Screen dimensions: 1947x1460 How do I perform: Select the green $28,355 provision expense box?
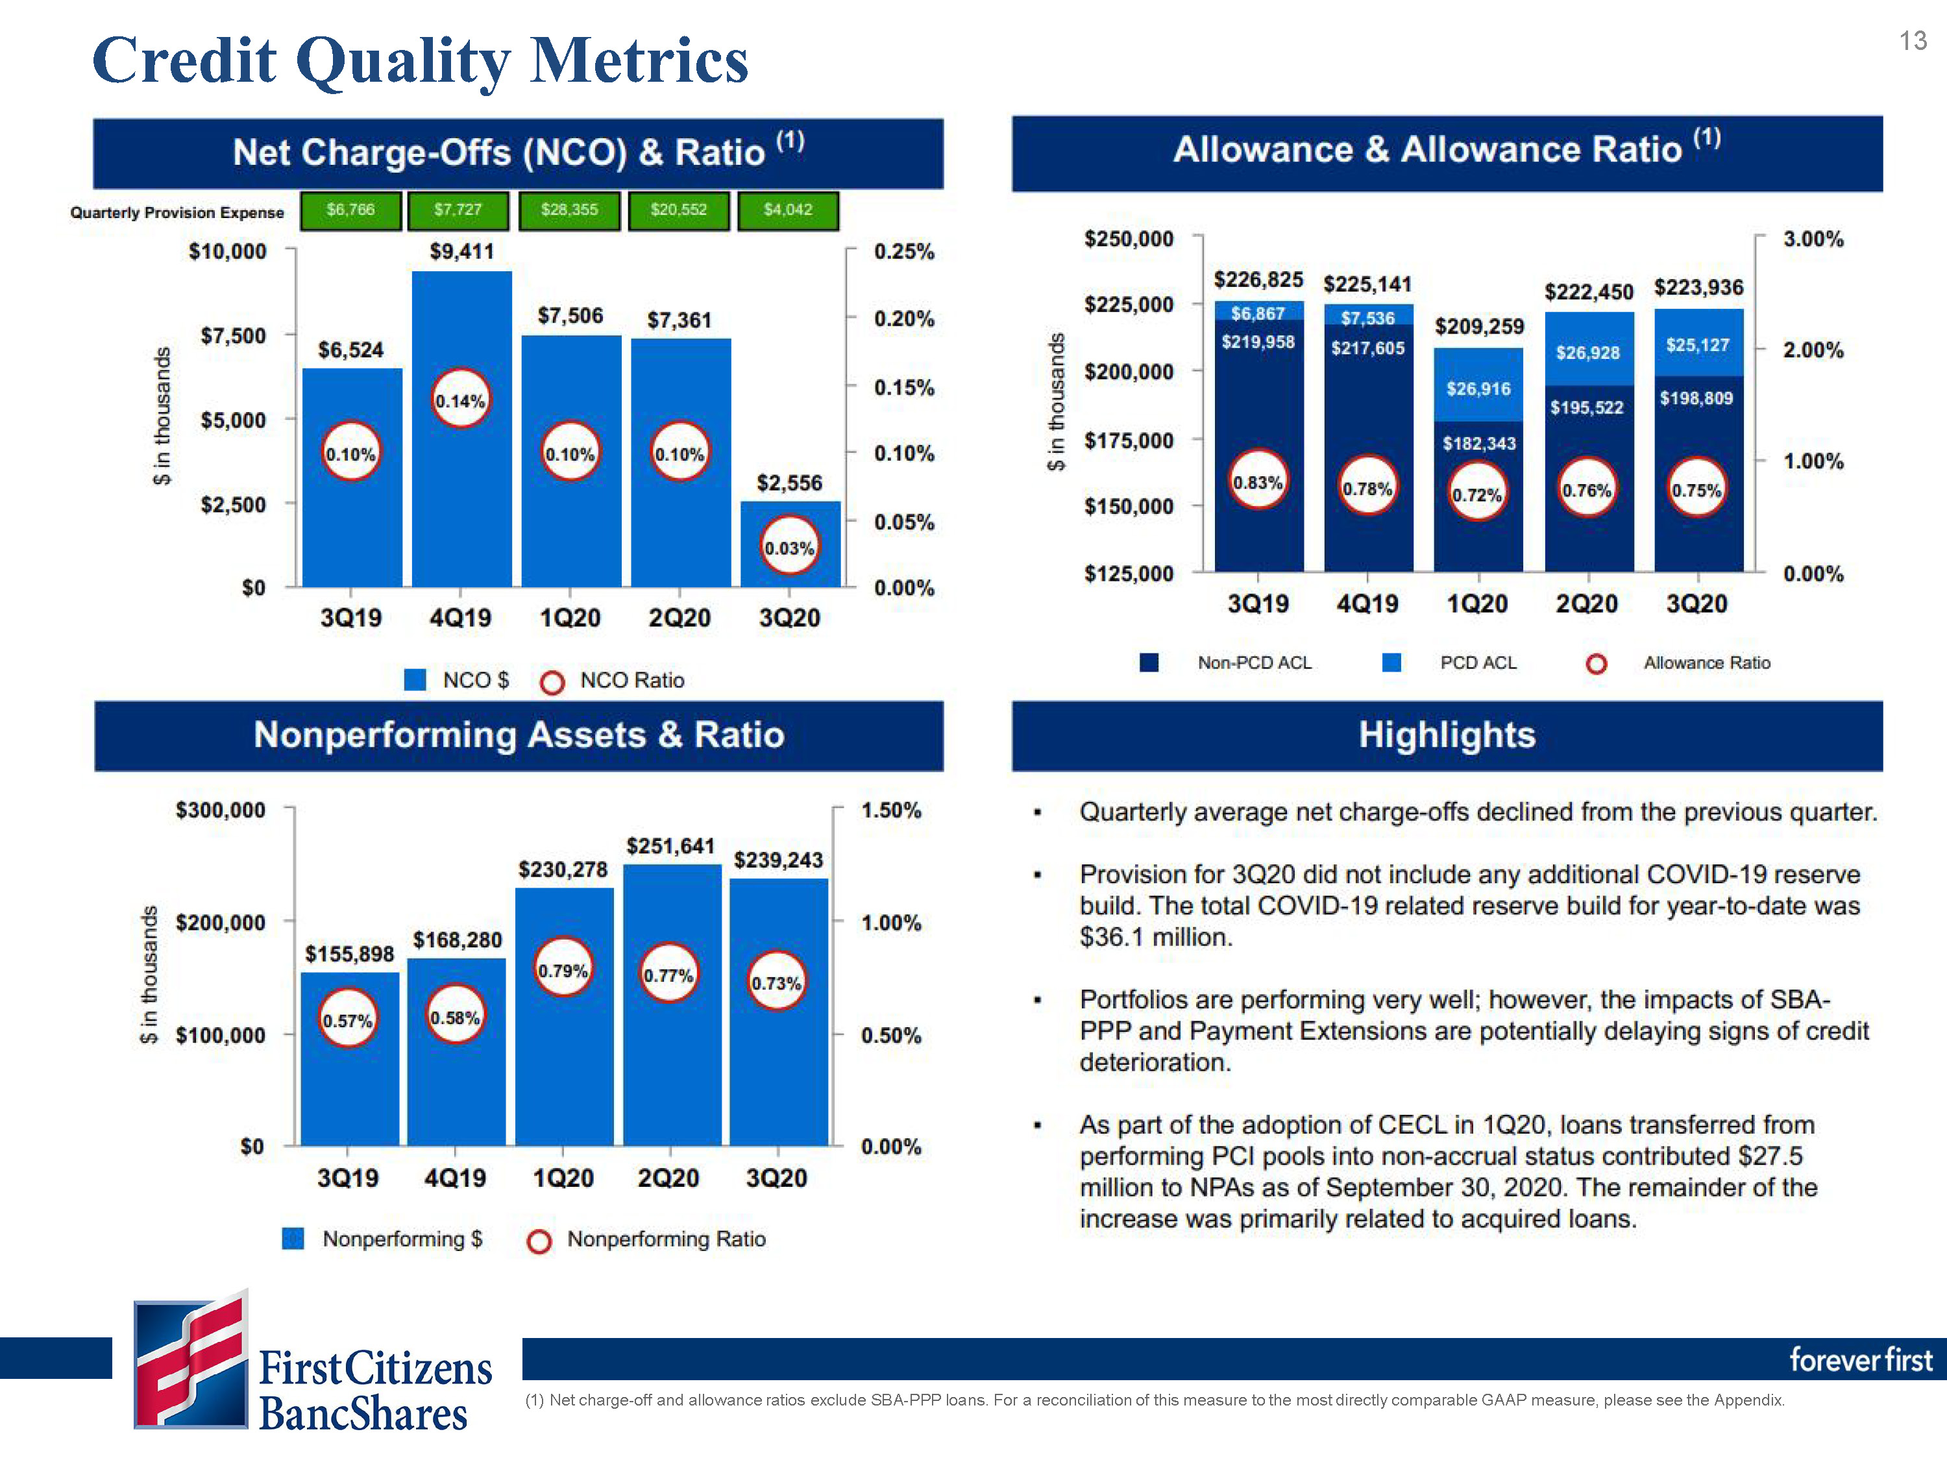pos(569,210)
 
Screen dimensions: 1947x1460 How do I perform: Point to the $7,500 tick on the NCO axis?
pos(232,335)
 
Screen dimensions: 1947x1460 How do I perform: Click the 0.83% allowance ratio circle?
pos(1258,481)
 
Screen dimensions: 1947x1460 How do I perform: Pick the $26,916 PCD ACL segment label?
pos(1478,388)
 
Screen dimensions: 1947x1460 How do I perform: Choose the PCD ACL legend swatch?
pos(1391,663)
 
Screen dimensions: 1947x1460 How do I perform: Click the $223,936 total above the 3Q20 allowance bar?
pos(1698,287)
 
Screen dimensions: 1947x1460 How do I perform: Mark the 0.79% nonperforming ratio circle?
pos(563,970)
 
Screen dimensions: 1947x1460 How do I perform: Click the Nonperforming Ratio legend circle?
pos(539,1241)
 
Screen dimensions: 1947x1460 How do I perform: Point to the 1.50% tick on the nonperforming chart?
pos(891,810)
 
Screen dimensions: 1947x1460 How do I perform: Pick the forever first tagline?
pos(1861,1359)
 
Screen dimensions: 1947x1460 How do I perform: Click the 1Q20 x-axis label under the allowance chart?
pos(1477,603)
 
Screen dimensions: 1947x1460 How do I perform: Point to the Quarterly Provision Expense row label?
pos(177,212)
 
